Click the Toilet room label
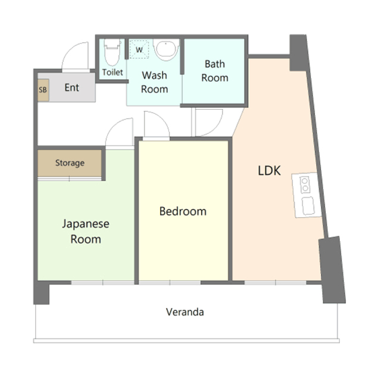coord(113,72)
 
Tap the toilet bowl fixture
coord(112,52)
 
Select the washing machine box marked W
coord(139,49)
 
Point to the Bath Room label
coord(215,71)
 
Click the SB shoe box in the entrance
coord(43,90)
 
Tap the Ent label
coord(71,88)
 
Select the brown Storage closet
coord(70,163)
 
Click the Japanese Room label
coord(86,232)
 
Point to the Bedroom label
coord(183,211)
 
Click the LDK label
coord(269,171)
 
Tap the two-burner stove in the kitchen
coord(305,185)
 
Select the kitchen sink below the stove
coord(308,206)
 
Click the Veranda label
coord(185,312)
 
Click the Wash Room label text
coord(155,82)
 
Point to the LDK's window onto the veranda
coord(275,282)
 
